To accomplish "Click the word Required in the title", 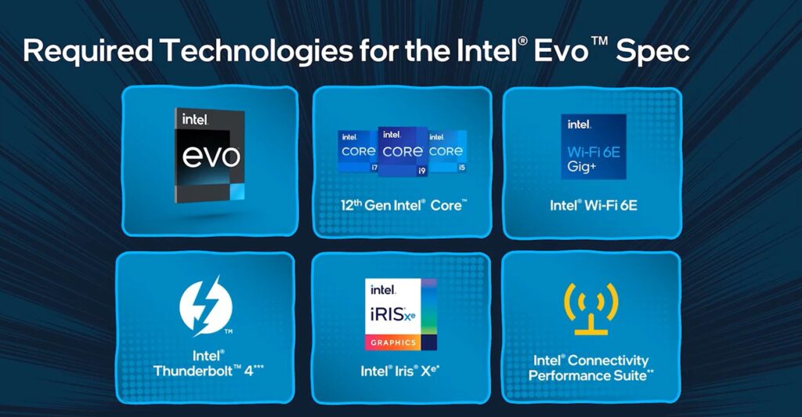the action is [88, 51].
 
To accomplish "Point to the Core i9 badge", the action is [403, 151].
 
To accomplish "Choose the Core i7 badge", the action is [358, 151].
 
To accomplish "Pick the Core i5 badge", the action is [447, 151].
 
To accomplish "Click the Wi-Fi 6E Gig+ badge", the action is [594, 147].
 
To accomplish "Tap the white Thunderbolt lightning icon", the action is [206, 306].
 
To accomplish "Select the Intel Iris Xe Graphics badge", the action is [400, 314].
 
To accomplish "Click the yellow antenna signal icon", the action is [591, 309].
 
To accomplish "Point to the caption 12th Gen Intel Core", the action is [403, 205].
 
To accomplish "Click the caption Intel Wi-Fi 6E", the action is [594, 205].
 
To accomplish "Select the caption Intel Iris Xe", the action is [400, 371].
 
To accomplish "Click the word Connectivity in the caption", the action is [608, 361].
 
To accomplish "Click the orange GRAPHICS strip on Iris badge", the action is [393, 343].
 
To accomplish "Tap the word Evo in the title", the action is [561, 52].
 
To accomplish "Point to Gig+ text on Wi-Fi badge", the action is [582, 167].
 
